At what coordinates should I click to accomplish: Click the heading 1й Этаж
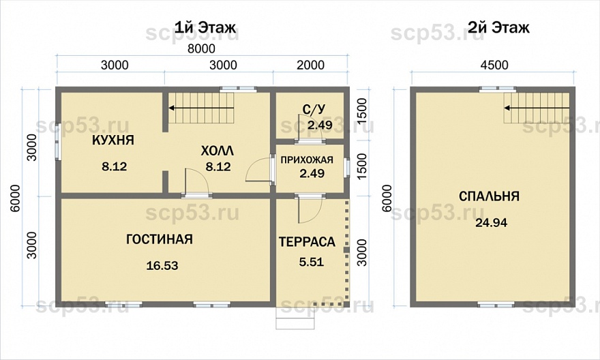click(205, 27)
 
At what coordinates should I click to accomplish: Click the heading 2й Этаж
click(498, 27)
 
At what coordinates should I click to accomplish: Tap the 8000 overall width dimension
click(200, 48)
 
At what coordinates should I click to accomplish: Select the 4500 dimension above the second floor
click(494, 65)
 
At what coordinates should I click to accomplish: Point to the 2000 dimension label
click(310, 65)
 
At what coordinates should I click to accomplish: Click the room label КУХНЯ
click(113, 140)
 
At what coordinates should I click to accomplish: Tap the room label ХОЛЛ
click(217, 151)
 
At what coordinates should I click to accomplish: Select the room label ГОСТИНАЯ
click(159, 239)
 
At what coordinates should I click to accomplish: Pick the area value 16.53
click(162, 265)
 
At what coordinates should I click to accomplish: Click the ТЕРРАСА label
click(307, 242)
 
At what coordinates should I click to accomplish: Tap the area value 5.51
click(312, 262)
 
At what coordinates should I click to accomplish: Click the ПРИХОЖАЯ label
click(307, 160)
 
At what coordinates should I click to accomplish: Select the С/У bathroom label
click(313, 110)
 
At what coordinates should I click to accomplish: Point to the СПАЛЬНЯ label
click(489, 196)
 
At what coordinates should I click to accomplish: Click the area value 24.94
click(492, 222)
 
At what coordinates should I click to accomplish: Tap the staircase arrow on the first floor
click(201, 108)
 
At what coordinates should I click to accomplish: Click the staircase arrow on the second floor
click(537, 108)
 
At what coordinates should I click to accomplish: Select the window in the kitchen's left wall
click(58, 142)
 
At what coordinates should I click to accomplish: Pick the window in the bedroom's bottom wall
click(496, 305)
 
